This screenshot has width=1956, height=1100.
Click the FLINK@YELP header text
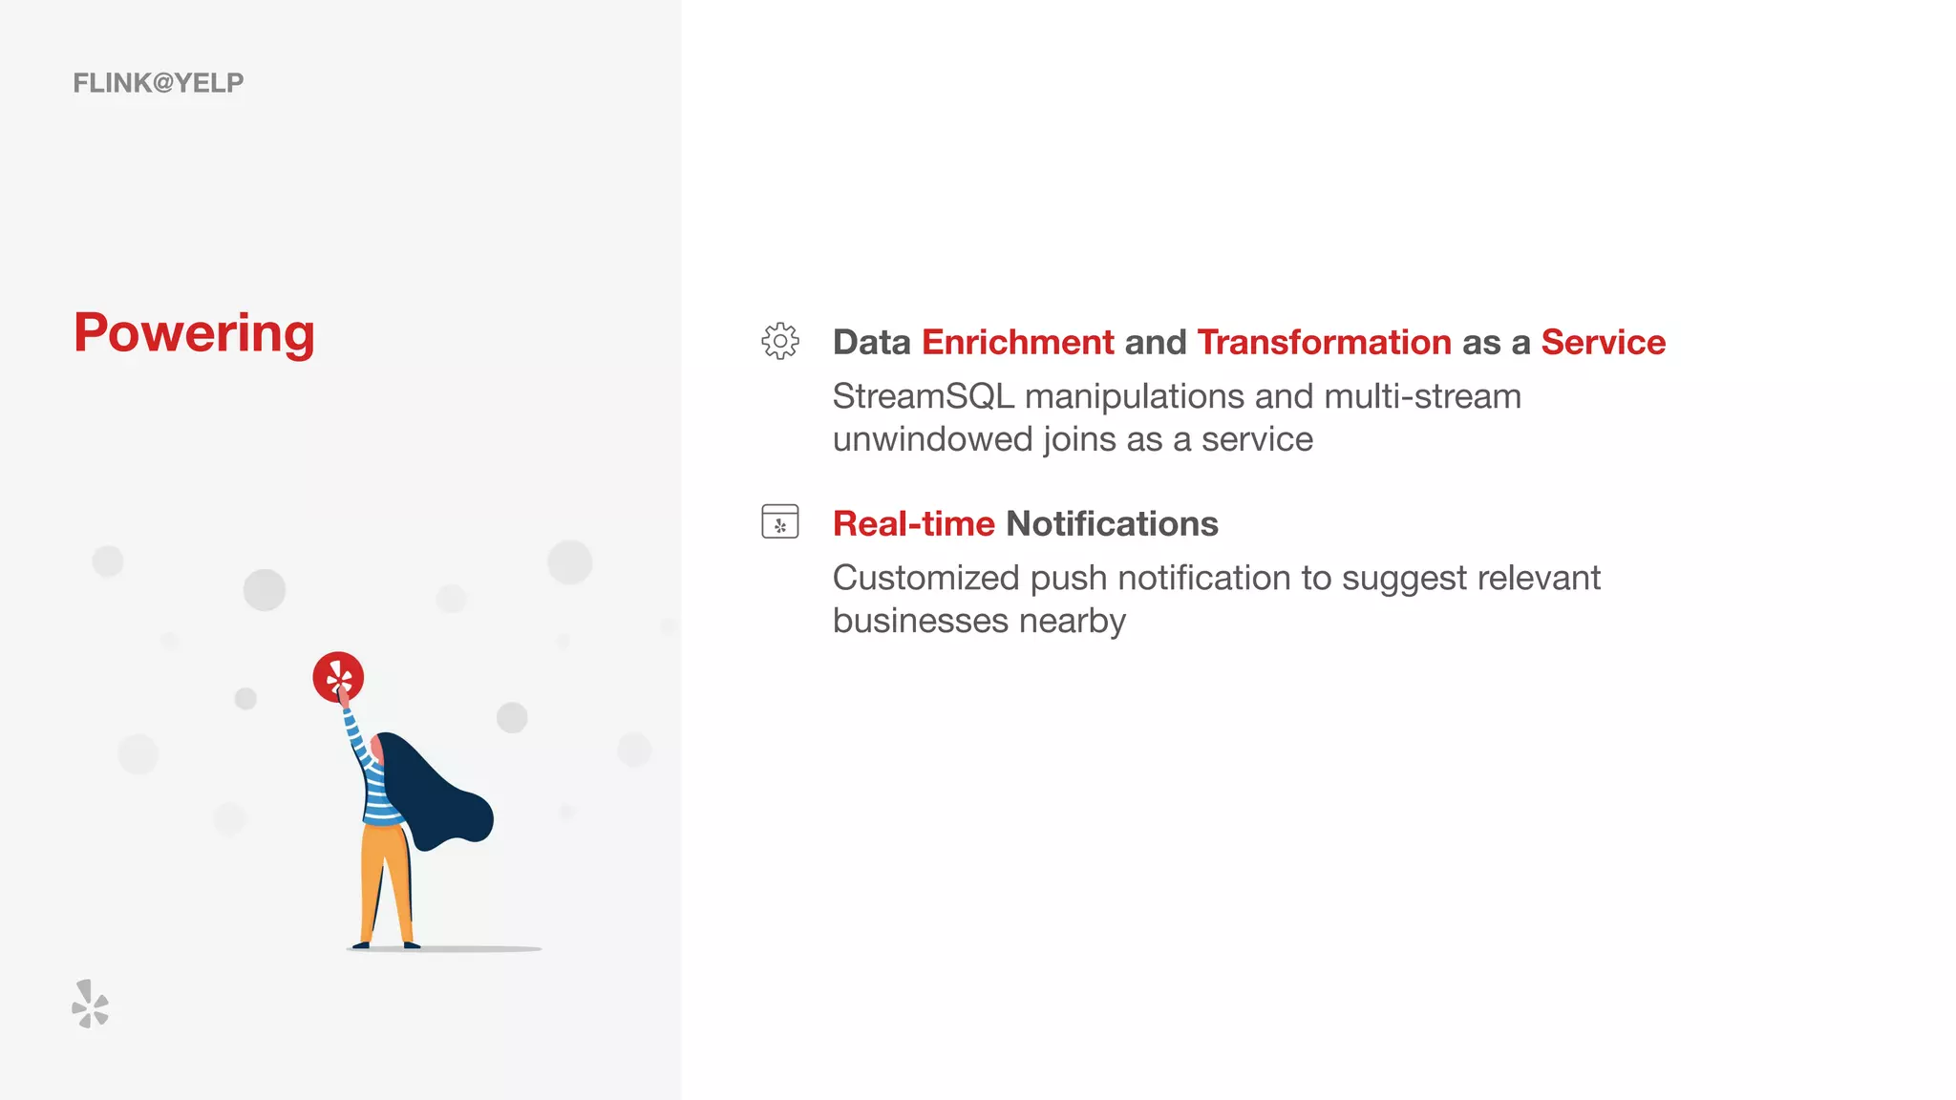click(159, 83)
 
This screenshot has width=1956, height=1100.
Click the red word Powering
click(194, 333)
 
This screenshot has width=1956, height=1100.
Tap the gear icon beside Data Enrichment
click(780, 341)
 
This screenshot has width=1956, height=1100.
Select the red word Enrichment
click(1017, 342)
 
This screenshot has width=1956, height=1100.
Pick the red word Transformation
click(1324, 342)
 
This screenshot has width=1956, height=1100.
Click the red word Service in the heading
click(1603, 342)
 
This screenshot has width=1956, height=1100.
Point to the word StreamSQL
click(923, 396)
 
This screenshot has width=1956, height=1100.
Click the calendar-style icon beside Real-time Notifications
click(780, 521)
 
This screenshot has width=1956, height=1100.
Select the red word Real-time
click(913, 523)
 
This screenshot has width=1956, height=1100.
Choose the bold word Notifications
click(1112, 523)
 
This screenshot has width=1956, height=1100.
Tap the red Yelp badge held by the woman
click(338, 677)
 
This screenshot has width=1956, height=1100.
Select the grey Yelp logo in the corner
click(91, 1004)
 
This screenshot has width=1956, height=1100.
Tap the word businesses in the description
click(920, 621)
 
